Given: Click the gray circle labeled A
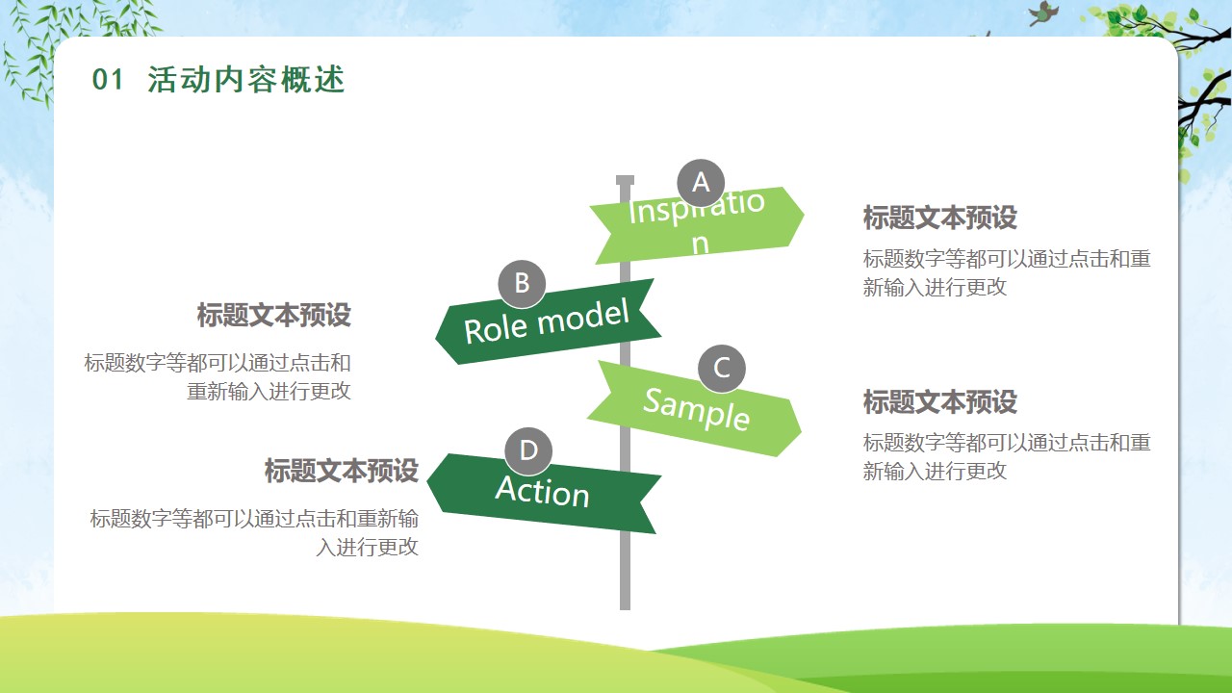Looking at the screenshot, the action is coord(701,183).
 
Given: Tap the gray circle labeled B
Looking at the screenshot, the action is coord(522,284).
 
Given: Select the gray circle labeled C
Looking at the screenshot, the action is coord(722,369).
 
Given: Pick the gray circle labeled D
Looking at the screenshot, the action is coord(528,451).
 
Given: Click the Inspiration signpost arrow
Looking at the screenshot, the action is coord(698,225).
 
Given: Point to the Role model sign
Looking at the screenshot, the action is coord(548,322).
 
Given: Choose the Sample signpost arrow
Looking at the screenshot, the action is coord(695,409).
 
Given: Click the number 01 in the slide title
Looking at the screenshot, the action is coord(108,80).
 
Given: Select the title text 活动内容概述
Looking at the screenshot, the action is coord(245,80).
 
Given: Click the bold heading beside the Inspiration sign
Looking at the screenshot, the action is coord(940,218).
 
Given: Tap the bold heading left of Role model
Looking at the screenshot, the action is coord(274,315).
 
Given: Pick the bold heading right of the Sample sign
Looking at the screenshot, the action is coord(940,401).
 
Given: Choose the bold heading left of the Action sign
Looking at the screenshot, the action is coord(342,471).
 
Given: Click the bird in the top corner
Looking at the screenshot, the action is coord(1043,13).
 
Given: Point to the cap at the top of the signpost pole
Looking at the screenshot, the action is coord(625,180).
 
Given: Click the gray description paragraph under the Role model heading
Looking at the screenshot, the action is coord(218,377).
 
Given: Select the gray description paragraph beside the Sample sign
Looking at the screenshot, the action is coord(1007,457).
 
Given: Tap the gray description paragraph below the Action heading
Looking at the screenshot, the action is coord(254,533).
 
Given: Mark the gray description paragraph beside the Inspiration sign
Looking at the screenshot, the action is coord(1007,272).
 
